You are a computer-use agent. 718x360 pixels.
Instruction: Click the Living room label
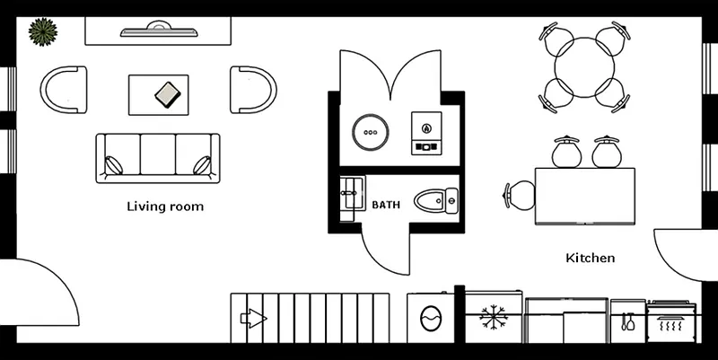pos(164,206)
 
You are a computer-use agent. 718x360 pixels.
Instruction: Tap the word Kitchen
pos(590,258)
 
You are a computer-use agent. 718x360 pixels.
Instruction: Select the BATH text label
pos(386,205)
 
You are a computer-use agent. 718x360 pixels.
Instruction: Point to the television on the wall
pos(159,31)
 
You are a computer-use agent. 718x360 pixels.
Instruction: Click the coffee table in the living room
pos(159,94)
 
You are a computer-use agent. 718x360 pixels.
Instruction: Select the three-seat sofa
pos(158,158)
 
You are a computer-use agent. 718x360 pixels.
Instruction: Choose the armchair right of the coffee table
pos(253,90)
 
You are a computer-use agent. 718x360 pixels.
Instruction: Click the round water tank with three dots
pos(370,132)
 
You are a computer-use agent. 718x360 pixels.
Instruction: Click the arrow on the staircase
pos(252,317)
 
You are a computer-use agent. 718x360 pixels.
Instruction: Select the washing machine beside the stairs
pos(431,317)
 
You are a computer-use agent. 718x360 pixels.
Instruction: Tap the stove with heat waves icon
pos(671,323)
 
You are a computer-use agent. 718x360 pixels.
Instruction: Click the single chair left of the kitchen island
pos(519,195)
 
